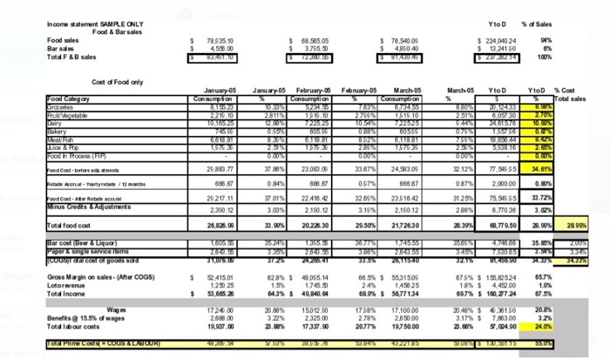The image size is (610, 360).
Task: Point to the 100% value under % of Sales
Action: (546, 56)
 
